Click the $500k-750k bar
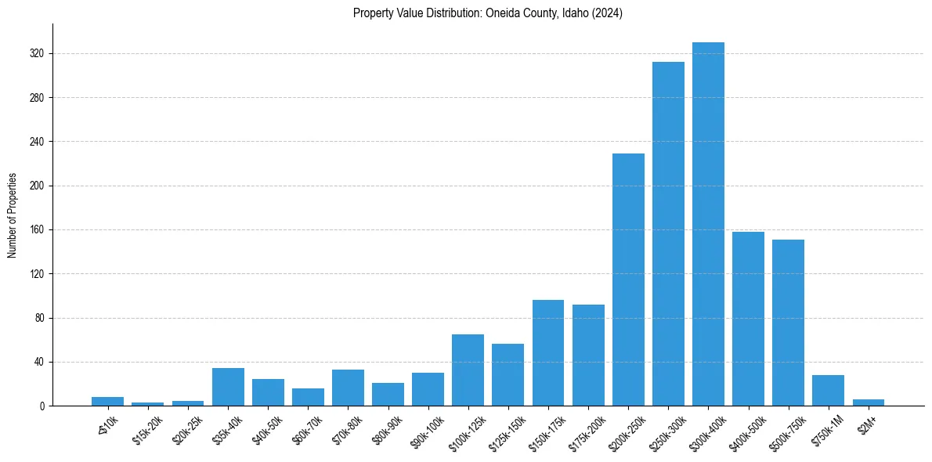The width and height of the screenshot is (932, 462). point(788,323)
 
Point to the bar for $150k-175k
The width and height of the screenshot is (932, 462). point(548,352)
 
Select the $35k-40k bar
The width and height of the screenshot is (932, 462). point(228,387)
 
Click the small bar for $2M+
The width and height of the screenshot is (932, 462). point(868,402)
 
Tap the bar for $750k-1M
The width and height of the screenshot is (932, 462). point(828,390)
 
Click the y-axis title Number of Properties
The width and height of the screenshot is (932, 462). point(13,215)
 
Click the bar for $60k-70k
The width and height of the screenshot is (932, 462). point(308,397)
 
